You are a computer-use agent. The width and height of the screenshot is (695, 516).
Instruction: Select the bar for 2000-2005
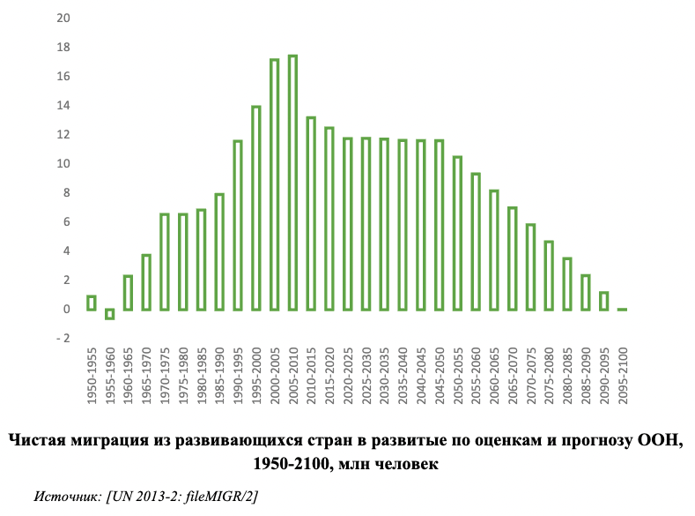tap(274, 184)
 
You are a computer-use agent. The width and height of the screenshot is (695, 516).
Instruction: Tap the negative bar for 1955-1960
tap(109, 313)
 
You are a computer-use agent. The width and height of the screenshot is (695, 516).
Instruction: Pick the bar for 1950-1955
tap(92, 303)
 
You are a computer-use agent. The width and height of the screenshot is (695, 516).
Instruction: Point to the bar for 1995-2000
tap(255, 208)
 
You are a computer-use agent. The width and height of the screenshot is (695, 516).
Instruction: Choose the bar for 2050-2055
tap(457, 233)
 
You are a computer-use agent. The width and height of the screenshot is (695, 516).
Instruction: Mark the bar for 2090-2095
tap(603, 301)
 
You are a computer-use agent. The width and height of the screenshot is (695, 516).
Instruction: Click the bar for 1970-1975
tap(164, 261)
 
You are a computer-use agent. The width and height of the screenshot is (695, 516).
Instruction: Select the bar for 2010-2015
tap(311, 213)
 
